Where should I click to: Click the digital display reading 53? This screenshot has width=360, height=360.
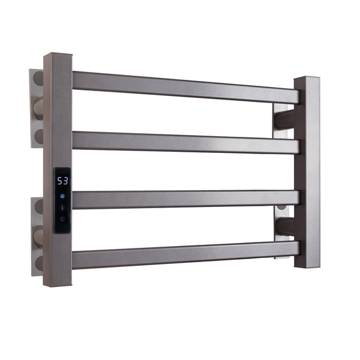pos(62,179)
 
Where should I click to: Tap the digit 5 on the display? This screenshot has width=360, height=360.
pos(59,179)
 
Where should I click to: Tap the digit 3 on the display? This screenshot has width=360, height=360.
pos(65,179)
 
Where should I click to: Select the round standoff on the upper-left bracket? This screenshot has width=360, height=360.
pos(38,109)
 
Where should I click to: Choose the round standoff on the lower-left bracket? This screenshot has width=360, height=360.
pos(38,235)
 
